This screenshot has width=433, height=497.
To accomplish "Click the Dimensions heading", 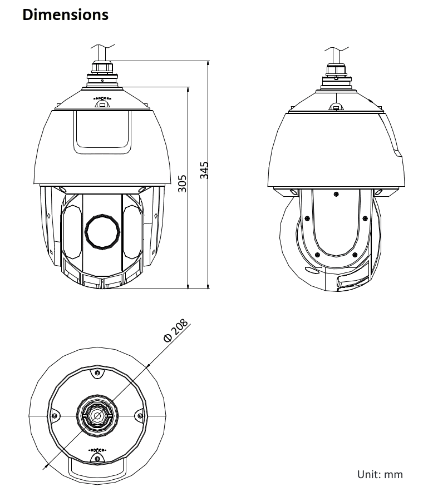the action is (65, 14).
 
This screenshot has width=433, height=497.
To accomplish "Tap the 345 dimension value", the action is (204, 170).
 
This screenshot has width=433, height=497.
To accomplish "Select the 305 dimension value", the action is (182, 183).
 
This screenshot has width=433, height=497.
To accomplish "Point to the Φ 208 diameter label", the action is (175, 330).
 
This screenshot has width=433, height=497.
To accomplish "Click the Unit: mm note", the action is (380, 475).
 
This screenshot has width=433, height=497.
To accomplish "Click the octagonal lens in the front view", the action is (102, 231).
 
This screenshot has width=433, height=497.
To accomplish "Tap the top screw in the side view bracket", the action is (336, 194).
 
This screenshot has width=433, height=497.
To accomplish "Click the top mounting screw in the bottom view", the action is (97, 372).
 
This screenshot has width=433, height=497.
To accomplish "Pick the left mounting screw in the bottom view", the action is (54, 415).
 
